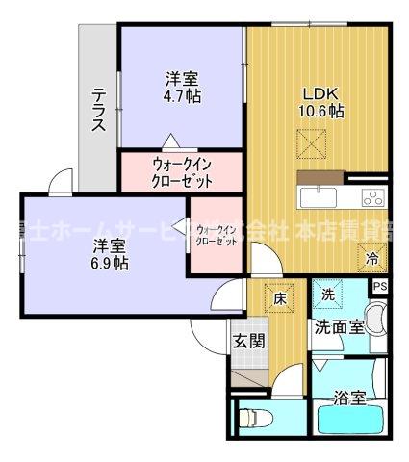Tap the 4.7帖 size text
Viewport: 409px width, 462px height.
pos(182,95)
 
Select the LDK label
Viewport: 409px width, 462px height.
pos(321,93)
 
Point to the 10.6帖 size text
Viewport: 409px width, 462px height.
pos(321,111)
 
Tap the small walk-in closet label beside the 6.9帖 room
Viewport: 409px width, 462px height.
pos(217,236)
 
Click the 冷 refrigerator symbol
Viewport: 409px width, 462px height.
pos(372,257)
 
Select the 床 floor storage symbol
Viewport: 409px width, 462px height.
pos(279,298)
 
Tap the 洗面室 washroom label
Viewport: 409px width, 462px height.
pos(340,326)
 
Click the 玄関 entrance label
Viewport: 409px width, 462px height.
pos(247,340)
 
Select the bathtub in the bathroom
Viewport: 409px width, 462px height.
pos(350,422)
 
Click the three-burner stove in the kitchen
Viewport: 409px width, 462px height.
pos(372,198)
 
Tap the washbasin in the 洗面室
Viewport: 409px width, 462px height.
pos(377,319)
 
